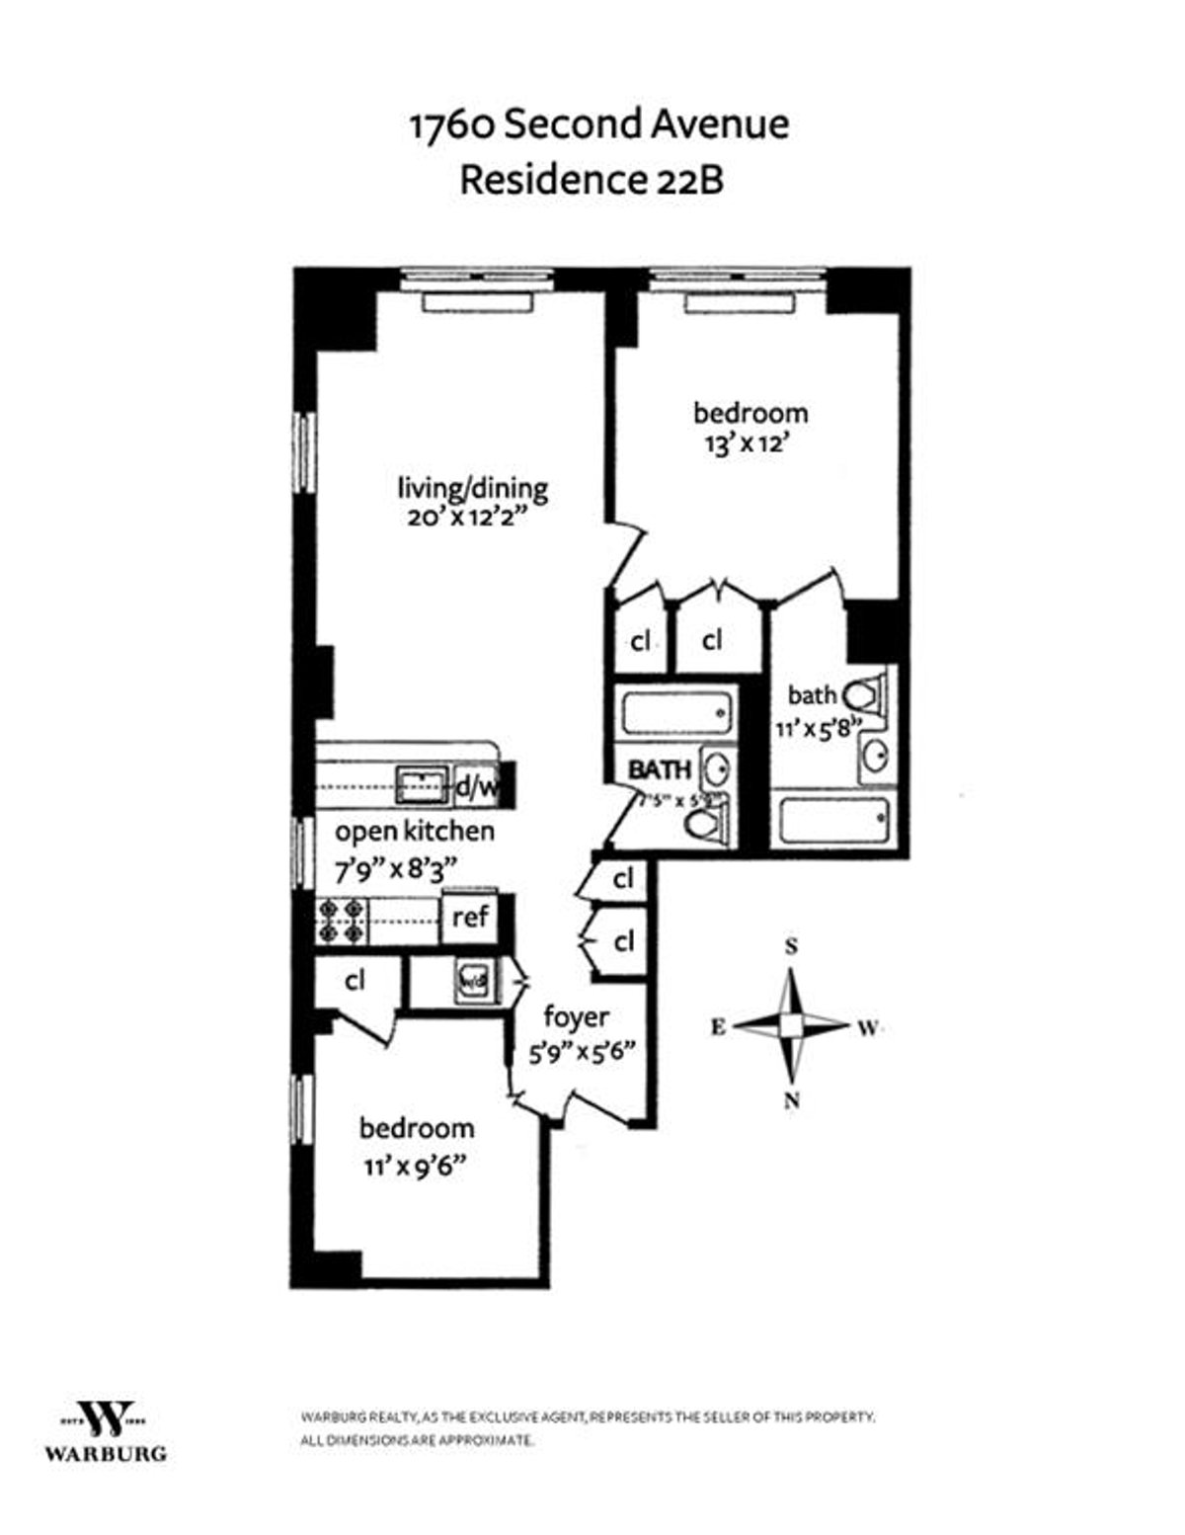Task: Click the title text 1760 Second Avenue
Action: (x=598, y=125)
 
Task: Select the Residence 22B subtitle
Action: (x=592, y=181)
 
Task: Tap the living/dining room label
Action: (x=472, y=488)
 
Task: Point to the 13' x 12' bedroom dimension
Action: (x=750, y=444)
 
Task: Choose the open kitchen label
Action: (x=414, y=831)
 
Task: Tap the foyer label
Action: (x=576, y=1016)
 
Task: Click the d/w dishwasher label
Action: (x=477, y=787)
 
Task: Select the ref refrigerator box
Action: (x=470, y=917)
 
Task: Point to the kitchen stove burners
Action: (x=341, y=921)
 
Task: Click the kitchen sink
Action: (x=422, y=785)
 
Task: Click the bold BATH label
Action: (x=660, y=768)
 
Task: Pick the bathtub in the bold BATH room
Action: (x=675, y=712)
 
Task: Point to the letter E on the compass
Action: (x=718, y=1027)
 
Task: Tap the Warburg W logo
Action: (x=106, y=1418)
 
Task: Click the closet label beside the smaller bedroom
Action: (x=355, y=980)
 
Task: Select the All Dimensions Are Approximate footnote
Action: (x=417, y=1441)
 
